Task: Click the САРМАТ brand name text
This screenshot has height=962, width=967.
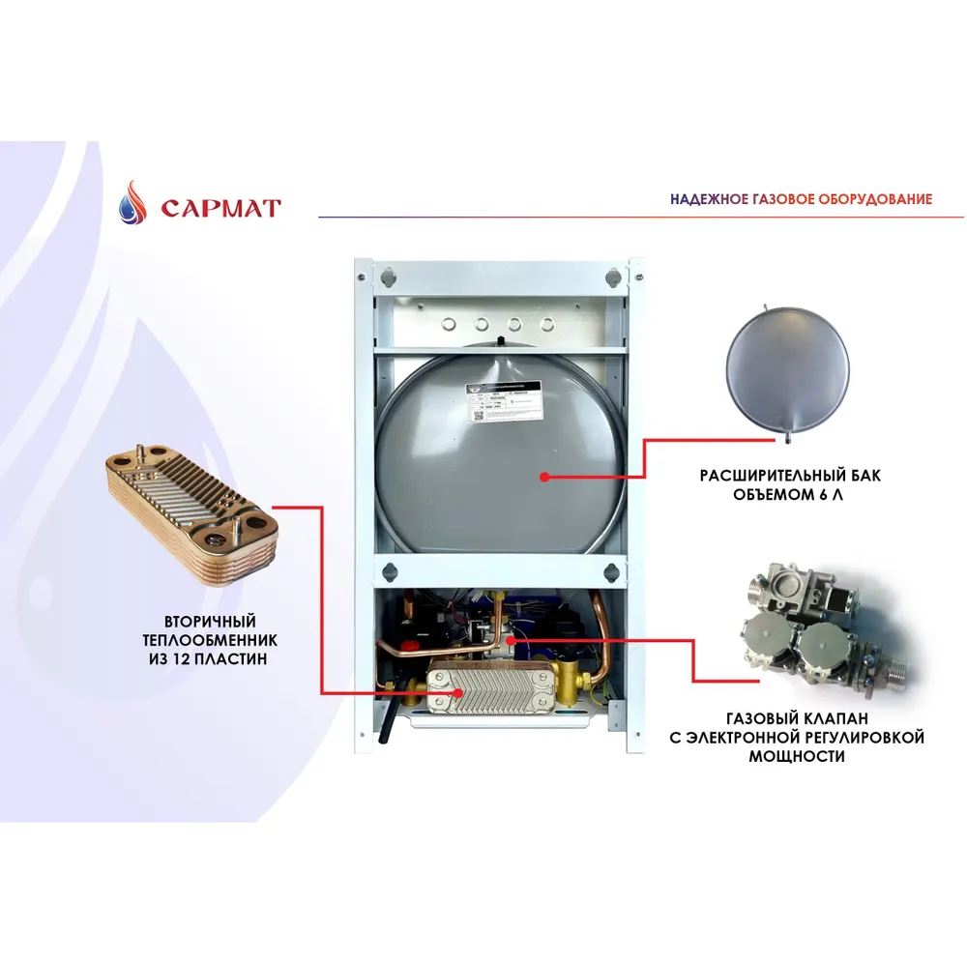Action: [x=220, y=208]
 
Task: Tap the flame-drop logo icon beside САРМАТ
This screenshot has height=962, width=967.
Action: [x=133, y=204]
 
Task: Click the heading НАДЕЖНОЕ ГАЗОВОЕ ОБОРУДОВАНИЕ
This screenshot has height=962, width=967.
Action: [x=801, y=199]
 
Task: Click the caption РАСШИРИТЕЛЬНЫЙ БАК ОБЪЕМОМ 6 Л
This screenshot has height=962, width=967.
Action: [x=791, y=486]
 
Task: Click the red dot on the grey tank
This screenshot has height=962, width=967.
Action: [x=544, y=477]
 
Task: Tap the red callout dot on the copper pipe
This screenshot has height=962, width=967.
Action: [x=510, y=639]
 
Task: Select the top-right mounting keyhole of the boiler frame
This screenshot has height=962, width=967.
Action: [x=613, y=276]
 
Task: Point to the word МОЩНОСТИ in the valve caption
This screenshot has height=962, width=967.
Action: [x=796, y=756]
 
